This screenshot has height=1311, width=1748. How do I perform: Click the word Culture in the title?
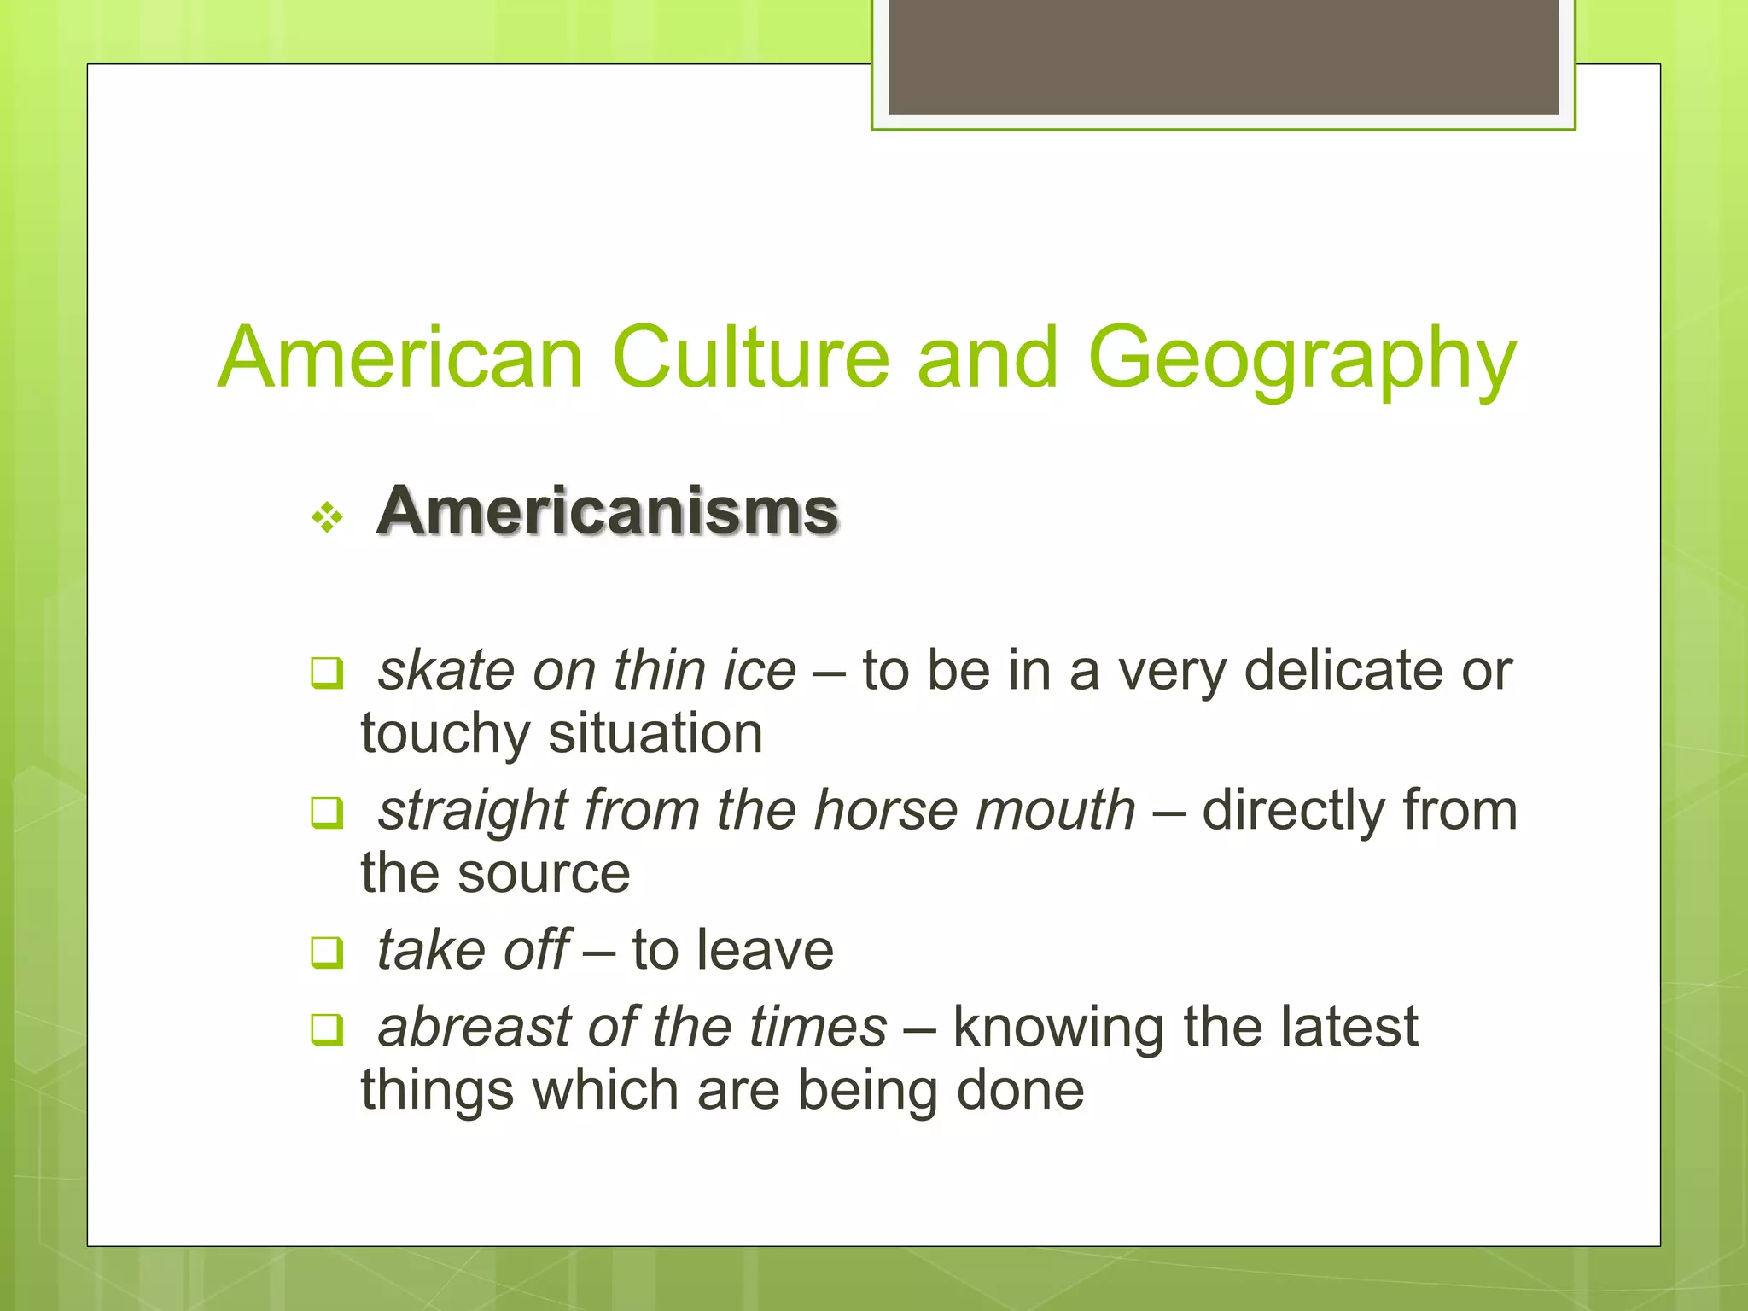(x=750, y=358)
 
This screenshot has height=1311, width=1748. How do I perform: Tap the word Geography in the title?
(x=1302, y=359)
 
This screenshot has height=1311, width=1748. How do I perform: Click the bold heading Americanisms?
(x=608, y=511)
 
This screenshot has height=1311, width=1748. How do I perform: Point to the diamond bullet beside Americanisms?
(x=328, y=517)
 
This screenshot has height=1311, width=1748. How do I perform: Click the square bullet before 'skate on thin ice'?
(x=327, y=673)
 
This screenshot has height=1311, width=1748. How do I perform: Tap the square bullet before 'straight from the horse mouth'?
(x=327, y=813)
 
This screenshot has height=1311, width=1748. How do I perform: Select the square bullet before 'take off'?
(x=327, y=953)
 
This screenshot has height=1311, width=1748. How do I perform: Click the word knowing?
(x=1058, y=1028)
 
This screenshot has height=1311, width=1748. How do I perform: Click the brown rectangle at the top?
(x=1224, y=56)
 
